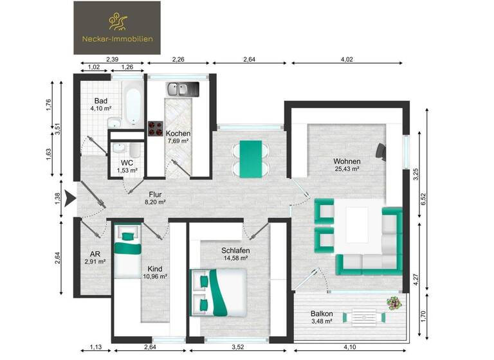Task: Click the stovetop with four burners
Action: pyautogui.click(x=156, y=129)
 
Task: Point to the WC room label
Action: pyautogui.click(x=127, y=163)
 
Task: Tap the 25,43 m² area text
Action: pyautogui.click(x=346, y=169)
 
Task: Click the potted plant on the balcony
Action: pyautogui.click(x=393, y=301)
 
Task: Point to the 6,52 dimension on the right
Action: pyautogui.click(x=424, y=199)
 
